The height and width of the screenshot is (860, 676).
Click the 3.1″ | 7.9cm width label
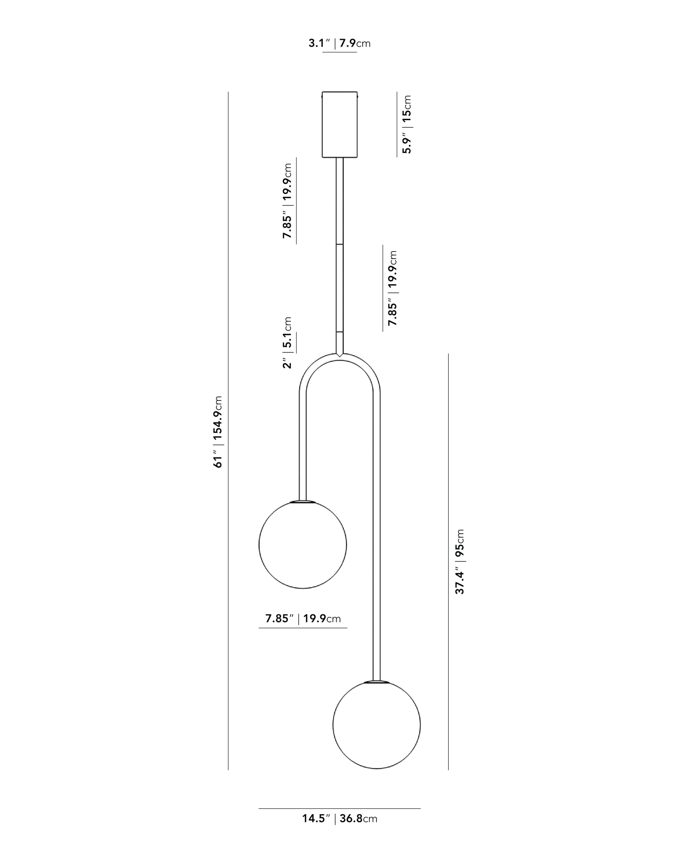(339, 43)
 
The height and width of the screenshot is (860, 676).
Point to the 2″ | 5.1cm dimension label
(287, 343)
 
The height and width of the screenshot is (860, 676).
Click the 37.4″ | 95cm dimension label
(460, 562)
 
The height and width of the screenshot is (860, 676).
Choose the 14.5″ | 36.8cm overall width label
(339, 830)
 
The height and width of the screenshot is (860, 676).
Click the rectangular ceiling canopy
(339, 125)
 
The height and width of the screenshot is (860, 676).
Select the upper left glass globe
(303, 545)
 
